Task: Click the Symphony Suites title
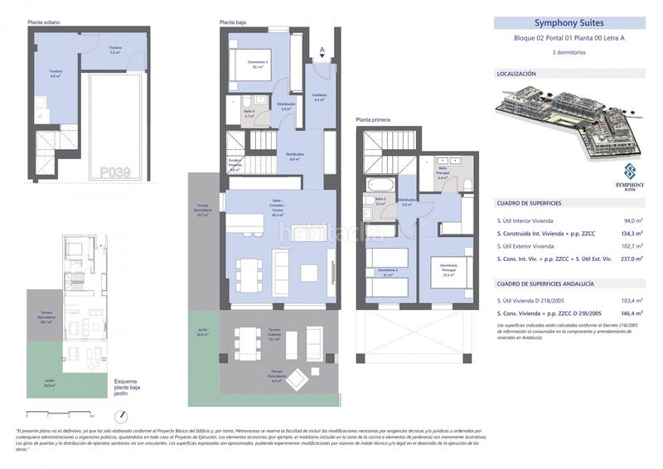569,23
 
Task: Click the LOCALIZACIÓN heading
516,75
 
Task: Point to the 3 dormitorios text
569,52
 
